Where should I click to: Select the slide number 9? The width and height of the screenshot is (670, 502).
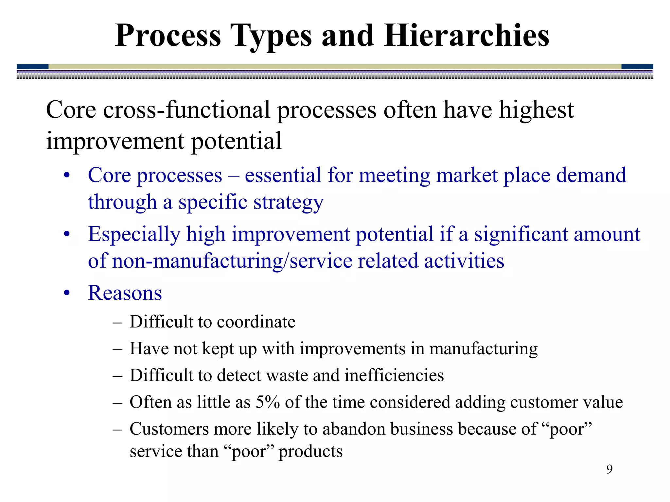pos(609,469)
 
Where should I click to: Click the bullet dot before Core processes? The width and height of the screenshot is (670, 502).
pos(67,176)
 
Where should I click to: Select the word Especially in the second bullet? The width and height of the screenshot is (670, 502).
pos(134,235)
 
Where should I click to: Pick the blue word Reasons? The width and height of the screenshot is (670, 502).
pos(125,293)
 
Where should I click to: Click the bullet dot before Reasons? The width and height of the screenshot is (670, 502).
pos(67,293)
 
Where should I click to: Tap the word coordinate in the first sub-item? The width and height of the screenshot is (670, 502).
pos(256,322)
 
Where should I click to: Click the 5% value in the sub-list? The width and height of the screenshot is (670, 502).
pos(268,402)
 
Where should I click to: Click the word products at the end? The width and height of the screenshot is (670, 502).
pos(310,452)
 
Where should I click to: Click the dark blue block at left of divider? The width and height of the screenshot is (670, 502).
pos(32,67)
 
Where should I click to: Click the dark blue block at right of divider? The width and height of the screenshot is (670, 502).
pos(637,67)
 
